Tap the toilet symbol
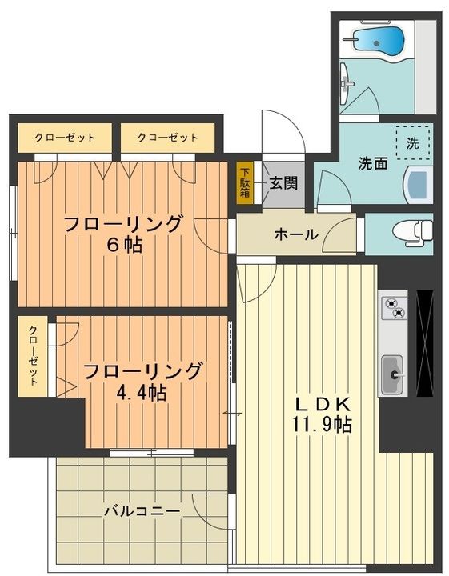(413, 232)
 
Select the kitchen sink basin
(392, 374)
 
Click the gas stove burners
(394, 308)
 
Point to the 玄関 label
(283, 182)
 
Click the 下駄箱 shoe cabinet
(245, 182)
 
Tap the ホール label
(296, 234)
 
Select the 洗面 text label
(373, 163)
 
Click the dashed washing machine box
(413, 142)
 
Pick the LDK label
(323, 405)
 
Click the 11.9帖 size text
(322, 425)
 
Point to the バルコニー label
(142, 511)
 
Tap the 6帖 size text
(124, 245)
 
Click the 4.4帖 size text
(142, 394)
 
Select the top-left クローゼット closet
(65, 138)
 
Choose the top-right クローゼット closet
(167, 138)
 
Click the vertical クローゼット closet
(33, 356)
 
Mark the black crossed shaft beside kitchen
(425, 343)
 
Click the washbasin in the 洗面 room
(419, 185)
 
